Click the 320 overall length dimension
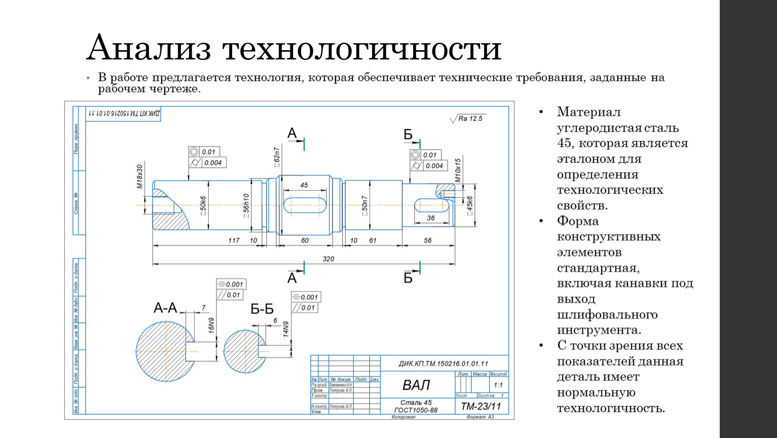pyautogui.click(x=328, y=259)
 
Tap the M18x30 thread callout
pyautogui.click(x=140, y=176)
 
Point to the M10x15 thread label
pyautogui.click(x=458, y=170)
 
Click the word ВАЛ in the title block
pyautogui.click(x=416, y=385)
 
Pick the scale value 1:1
pyautogui.click(x=498, y=385)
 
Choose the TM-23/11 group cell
pyautogui.click(x=480, y=407)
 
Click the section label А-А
pyautogui.click(x=165, y=308)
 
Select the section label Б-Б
pyautogui.click(x=262, y=309)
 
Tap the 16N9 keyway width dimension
pyautogui.click(x=211, y=325)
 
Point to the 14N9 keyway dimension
pyautogui.click(x=286, y=329)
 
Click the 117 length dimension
pyautogui.click(x=234, y=240)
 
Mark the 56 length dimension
pyautogui.click(x=428, y=240)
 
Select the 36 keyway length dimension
pyautogui.click(x=431, y=218)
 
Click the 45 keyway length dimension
pyautogui.click(x=304, y=185)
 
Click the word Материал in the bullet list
pyautogui.click(x=588, y=112)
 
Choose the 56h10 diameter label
pyautogui.click(x=246, y=205)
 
